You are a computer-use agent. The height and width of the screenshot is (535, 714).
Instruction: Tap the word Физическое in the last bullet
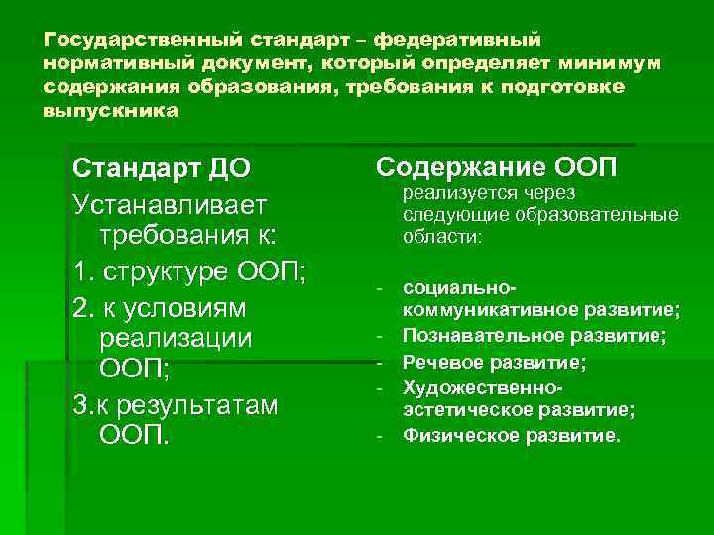tap(458, 435)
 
